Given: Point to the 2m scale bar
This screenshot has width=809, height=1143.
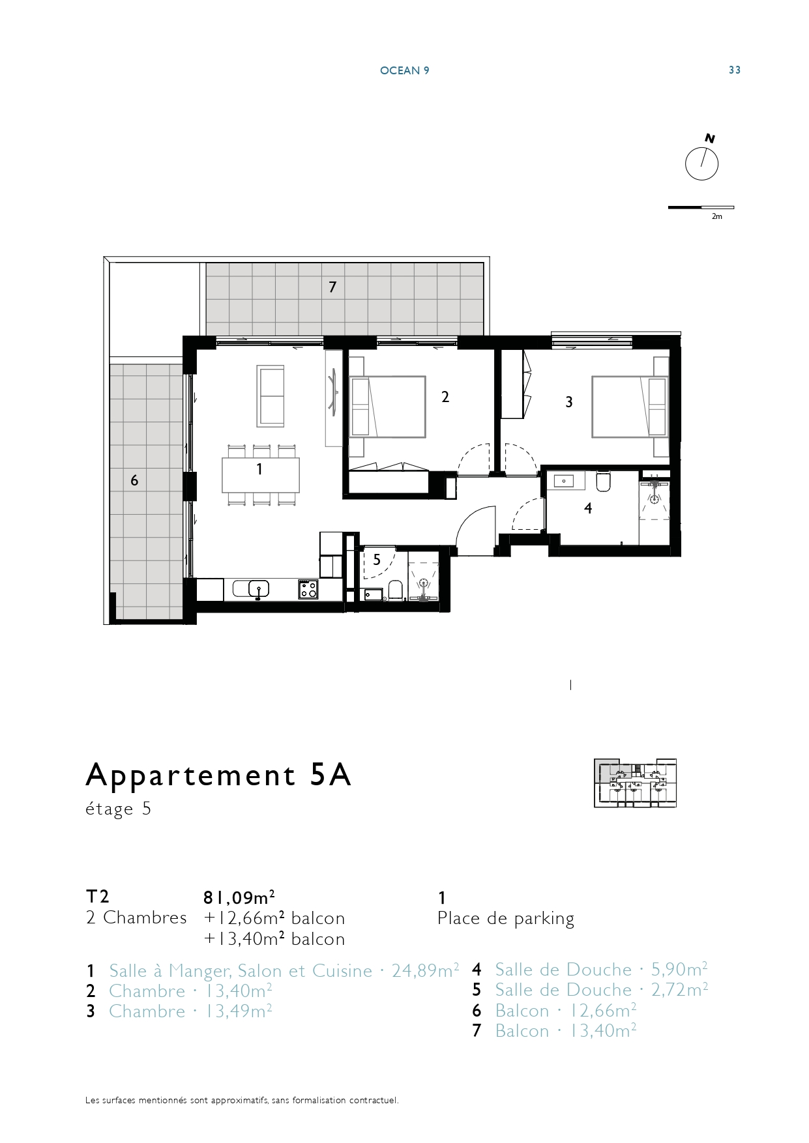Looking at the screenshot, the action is click(701, 208).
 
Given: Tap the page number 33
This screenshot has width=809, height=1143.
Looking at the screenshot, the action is click(735, 70).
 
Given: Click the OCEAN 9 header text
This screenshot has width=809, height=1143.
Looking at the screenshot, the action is click(405, 70).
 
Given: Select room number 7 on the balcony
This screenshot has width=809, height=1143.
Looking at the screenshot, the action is click(332, 287).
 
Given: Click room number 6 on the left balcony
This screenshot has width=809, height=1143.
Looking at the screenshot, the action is click(134, 480).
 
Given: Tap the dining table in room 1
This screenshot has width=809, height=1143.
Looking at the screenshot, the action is click(261, 475).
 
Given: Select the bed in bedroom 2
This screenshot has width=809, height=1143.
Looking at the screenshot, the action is click(388, 406).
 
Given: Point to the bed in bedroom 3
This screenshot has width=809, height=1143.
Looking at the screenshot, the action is click(630, 406).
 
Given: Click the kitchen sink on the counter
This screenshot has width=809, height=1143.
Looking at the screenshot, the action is click(259, 588).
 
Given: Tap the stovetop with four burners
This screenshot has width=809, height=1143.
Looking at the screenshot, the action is click(308, 589).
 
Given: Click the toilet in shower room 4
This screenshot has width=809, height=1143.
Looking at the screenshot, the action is click(602, 481).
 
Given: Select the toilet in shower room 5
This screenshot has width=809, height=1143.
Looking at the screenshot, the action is click(395, 590).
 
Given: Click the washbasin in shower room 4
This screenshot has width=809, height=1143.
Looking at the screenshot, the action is click(563, 481).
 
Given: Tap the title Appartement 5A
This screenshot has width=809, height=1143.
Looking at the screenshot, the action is click(219, 775).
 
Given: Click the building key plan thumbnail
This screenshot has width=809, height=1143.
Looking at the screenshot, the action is click(635, 783).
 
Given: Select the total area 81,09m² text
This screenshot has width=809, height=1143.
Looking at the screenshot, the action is click(239, 897).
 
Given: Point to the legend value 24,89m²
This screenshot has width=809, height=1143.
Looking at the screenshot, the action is click(425, 970).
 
